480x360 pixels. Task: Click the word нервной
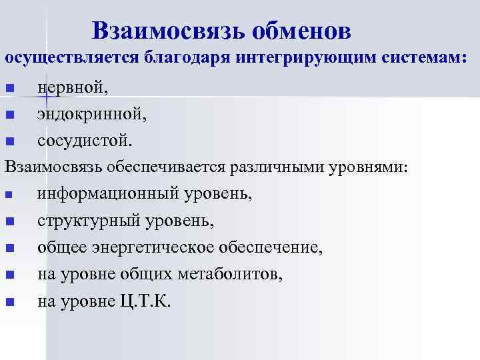pyautogui.click(x=73, y=87)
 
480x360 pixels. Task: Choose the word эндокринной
pyautogui.click(x=92, y=114)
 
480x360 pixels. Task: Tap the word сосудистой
pyautogui.click(x=85, y=141)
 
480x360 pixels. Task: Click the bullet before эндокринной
pyautogui.click(x=9, y=115)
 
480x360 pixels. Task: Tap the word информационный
pyautogui.click(x=106, y=194)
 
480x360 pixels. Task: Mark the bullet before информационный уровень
pyautogui.click(x=9, y=195)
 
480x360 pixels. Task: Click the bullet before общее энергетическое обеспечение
pyautogui.click(x=9, y=249)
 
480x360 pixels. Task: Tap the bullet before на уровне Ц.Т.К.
pyautogui.click(x=9, y=302)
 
